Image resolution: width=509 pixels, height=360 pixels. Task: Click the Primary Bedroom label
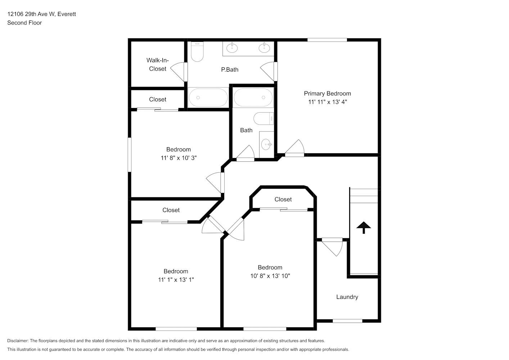click(327, 93)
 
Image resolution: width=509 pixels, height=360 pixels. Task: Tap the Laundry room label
click(347, 297)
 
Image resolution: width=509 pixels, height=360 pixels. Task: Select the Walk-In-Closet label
click(157, 64)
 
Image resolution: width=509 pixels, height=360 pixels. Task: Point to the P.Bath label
click(230, 69)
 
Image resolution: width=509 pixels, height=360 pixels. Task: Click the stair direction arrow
click(364, 228)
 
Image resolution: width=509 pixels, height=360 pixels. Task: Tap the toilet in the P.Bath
click(197, 51)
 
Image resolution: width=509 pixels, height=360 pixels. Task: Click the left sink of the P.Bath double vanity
click(232, 48)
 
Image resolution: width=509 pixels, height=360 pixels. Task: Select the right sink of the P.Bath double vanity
click(264, 48)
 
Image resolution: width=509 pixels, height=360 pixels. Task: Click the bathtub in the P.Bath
click(208, 98)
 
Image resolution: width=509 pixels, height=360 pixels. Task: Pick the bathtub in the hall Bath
click(253, 98)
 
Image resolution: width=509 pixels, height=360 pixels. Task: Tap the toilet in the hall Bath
click(263, 118)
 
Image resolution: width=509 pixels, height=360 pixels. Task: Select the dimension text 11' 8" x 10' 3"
click(179, 158)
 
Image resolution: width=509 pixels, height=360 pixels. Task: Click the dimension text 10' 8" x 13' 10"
click(270, 276)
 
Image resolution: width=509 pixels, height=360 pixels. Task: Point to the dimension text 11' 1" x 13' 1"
click(176, 280)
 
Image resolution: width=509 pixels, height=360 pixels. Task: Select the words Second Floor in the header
click(24, 23)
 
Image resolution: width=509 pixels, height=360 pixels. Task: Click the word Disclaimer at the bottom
click(18, 341)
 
